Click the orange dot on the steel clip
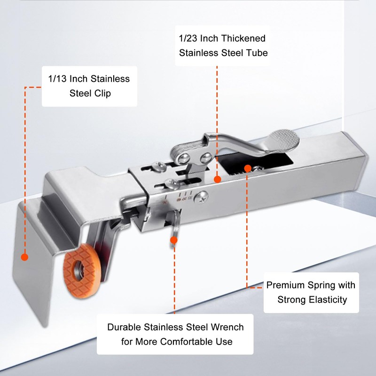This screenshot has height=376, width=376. click(x=24, y=257)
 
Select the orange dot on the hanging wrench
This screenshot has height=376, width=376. click(x=173, y=240)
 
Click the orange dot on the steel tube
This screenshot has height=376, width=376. click(x=217, y=179)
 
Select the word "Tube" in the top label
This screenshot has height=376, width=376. click(x=257, y=53)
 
